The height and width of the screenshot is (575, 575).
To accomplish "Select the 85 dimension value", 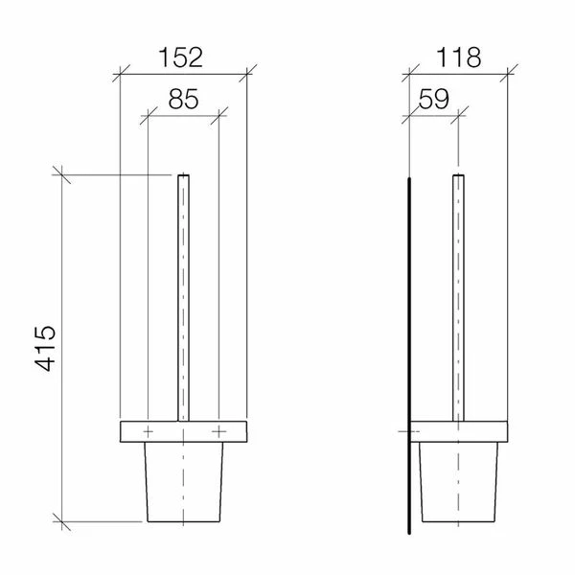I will (183, 100).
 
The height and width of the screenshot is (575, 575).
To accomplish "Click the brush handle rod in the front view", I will (183, 297).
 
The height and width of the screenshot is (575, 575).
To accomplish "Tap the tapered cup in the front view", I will (183, 484).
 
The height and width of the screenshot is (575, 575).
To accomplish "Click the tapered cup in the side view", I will (458, 484).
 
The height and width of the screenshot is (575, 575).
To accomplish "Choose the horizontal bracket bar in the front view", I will (183, 432).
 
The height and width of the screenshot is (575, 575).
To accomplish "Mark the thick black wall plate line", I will (409, 355).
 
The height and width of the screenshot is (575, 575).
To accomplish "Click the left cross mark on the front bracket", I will (148, 432).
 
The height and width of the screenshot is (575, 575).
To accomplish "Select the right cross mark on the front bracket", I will (219, 432).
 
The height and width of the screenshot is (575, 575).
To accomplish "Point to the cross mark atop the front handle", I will (183, 176).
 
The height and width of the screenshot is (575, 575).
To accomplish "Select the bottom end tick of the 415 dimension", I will (62, 522).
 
